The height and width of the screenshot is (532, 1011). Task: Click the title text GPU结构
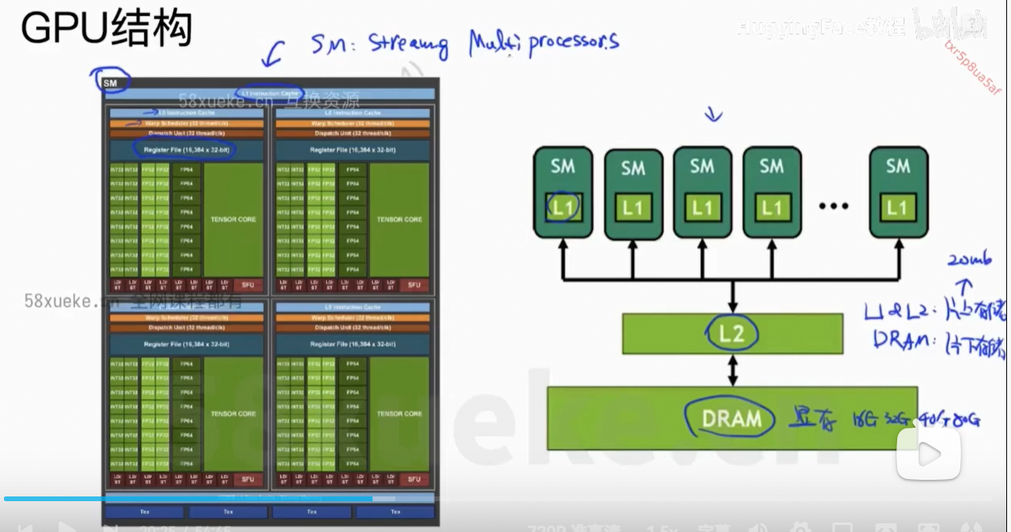106,30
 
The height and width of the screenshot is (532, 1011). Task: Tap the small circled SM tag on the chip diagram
111,81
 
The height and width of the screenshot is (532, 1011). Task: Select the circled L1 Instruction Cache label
270,93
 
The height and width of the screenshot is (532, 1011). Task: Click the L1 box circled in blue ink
563,207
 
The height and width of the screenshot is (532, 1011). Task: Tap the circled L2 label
732,334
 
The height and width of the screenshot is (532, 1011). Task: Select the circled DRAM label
731,419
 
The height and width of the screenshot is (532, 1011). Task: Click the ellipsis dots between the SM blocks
833,206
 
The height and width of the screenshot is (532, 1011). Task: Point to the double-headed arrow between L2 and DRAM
733,369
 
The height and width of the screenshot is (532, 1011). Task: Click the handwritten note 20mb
968,260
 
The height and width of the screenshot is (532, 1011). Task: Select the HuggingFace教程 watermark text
820,28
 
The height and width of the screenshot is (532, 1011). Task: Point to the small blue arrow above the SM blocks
714,115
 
